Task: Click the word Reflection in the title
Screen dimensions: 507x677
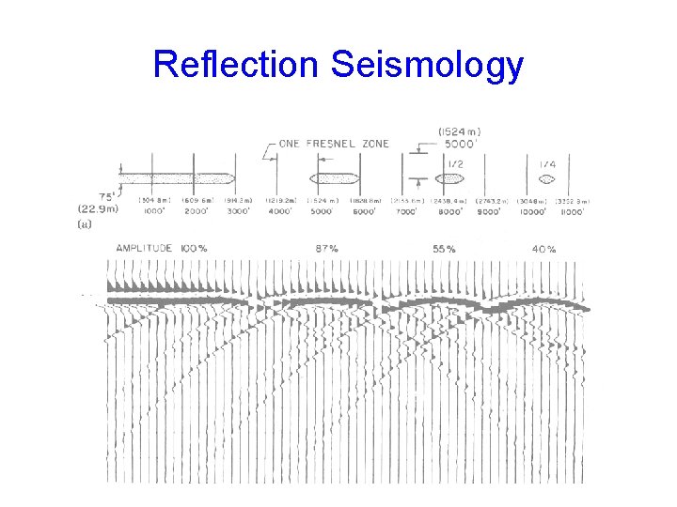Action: click(x=236, y=65)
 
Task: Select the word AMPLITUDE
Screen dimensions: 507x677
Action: click(x=144, y=249)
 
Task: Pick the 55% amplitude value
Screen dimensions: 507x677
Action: click(x=445, y=249)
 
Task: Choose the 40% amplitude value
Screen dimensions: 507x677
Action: click(x=543, y=249)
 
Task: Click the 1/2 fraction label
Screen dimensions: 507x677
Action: click(x=455, y=163)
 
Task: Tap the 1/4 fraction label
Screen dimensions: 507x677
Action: click(x=547, y=163)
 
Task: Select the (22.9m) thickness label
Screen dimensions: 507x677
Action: click(x=98, y=209)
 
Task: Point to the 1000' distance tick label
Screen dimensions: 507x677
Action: click(x=154, y=211)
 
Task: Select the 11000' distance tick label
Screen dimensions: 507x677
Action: click(x=570, y=211)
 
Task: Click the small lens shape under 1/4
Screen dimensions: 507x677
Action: click(x=548, y=177)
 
